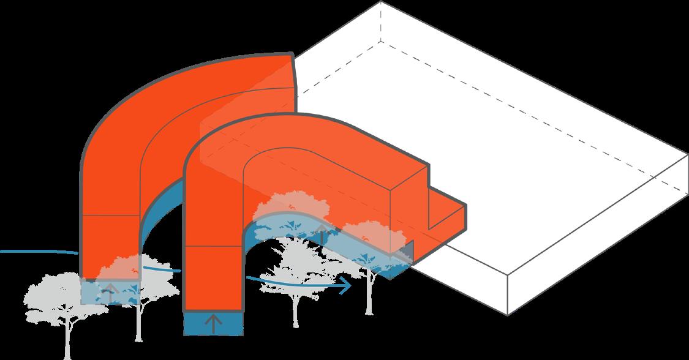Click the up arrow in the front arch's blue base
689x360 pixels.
pos(213,323)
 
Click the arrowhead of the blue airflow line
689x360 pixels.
pos(348,284)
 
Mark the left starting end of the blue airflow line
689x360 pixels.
pos(2,251)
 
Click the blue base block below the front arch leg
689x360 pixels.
pos(213,323)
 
